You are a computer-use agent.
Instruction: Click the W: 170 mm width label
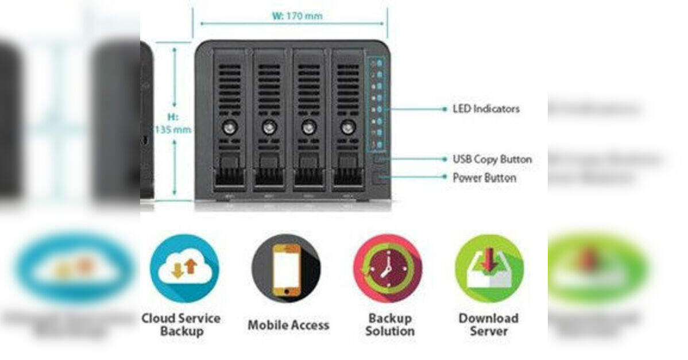click(x=297, y=16)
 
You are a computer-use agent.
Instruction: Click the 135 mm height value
click(x=173, y=129)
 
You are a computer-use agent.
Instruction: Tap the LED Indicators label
click(x=486, y=109)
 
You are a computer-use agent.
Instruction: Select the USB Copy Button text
click(x=492, y=159)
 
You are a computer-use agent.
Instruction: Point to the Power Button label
click(x=484, y=178)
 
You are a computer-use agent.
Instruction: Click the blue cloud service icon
click(x=184, y=268)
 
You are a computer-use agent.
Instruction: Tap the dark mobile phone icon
click(x=286, y=268)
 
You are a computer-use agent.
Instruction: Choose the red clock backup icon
click(x=387, y=268)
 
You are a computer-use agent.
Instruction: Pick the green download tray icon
click(x=489, y=268)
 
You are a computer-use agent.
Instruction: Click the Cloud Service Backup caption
click(x=181, y=324)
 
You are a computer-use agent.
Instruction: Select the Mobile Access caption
click(x=288, y=325)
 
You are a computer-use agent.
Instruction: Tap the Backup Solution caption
click(x=391, y=324)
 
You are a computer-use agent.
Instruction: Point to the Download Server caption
click(x=488, y=324)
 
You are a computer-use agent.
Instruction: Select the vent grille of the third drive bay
click(x=308, y=86)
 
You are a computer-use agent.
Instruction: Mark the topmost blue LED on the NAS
click(x=380, y=61)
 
